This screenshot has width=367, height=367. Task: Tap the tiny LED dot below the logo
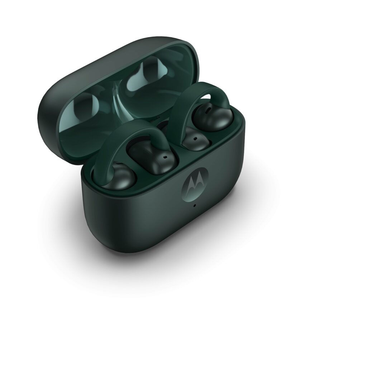point(194,205)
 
